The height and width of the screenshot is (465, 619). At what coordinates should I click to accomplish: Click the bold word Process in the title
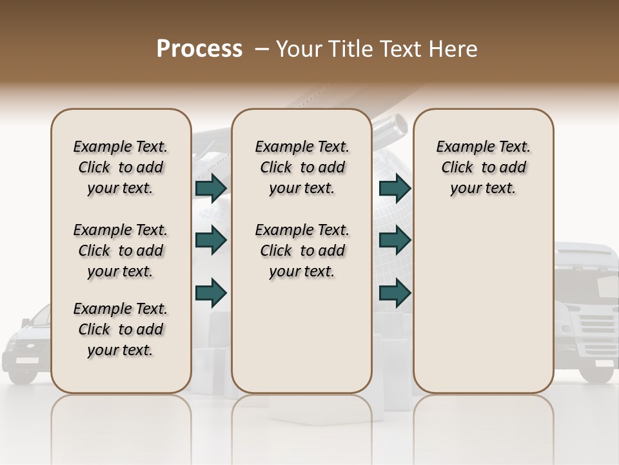pos(199,49)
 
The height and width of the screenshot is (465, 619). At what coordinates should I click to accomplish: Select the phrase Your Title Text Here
pos(377,49)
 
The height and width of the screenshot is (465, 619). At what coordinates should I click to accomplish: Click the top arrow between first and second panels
pos(211,189)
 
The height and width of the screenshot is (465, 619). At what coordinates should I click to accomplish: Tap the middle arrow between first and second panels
pos(211,240)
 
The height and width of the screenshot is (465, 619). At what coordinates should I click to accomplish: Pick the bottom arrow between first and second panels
pos(211,293)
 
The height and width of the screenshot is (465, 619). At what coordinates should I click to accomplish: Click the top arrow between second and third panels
pos(395,189)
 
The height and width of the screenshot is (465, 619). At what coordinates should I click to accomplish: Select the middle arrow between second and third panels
pos(395,240)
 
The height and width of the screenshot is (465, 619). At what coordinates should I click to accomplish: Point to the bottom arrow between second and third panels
pos(395,293)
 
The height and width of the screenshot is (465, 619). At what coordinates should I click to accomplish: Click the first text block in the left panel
pos(121,167)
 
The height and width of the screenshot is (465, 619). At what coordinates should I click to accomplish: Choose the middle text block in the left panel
pos(121,251)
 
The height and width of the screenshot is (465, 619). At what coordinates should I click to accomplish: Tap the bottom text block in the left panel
pos(121,329)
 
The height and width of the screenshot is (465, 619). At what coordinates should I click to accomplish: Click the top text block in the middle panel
pos(302,167)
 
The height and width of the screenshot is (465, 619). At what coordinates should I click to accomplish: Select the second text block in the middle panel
pos(302,251)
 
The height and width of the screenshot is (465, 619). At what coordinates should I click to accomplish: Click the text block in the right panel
pos(483,167)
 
